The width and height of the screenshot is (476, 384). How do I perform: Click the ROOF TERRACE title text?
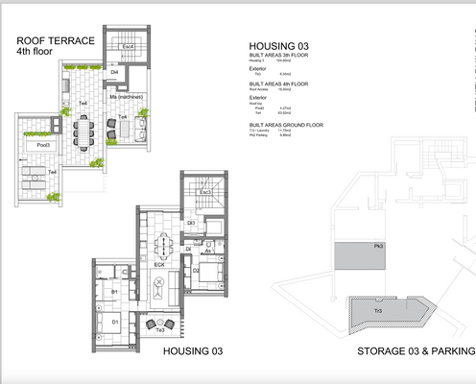55,41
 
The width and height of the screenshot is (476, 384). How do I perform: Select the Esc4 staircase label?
128,46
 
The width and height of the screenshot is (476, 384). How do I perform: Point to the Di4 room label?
113,72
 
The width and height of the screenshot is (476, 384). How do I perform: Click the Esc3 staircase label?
204,192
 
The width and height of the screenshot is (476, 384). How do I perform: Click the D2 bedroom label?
196,272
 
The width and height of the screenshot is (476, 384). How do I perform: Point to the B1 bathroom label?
113,291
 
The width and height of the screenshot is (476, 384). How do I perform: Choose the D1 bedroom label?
115,322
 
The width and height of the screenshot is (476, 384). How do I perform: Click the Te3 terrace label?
160,329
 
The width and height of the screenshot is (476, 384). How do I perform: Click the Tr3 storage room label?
378,312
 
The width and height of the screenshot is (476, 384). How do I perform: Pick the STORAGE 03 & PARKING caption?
415,352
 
